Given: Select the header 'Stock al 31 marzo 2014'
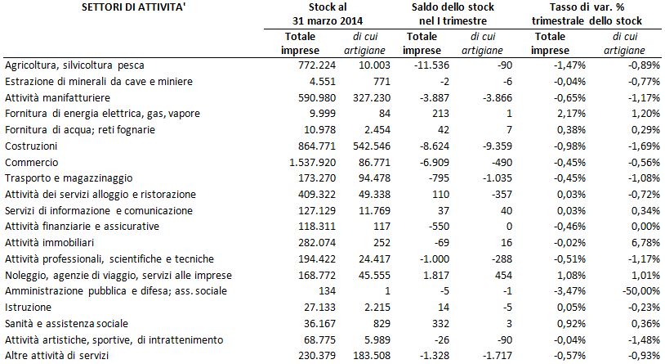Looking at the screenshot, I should (x=328, y=14).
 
